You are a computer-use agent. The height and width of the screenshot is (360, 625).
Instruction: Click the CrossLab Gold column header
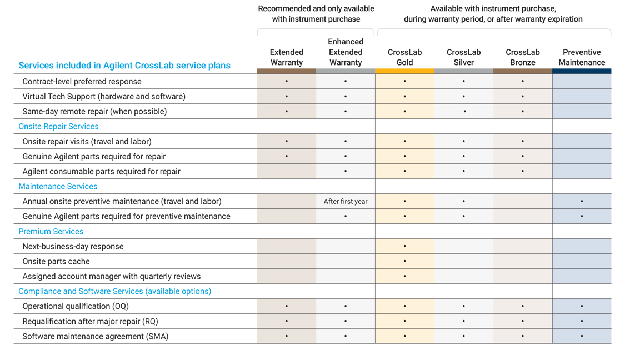click(404, 57)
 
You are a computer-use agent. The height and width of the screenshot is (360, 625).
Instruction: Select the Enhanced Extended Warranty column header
click(346, 52)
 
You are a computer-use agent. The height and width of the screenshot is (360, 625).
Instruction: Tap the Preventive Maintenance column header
click(582, 57)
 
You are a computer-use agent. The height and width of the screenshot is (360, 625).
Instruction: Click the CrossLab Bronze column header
click(523, 57)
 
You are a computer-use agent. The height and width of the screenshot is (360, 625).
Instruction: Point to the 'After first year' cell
click(346, 202)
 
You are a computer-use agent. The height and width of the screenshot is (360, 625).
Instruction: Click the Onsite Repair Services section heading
click(58, 127)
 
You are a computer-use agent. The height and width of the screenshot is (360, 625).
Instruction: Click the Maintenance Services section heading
click(58, 187)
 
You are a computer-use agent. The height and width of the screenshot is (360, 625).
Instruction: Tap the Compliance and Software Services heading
click(114, 292)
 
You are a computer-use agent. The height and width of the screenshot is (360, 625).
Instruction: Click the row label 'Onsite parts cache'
click(56, 262)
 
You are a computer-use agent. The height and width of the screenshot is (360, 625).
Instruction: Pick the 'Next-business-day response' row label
click(73, 247)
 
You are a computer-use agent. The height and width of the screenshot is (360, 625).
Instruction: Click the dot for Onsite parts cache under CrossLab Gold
click(404, 261)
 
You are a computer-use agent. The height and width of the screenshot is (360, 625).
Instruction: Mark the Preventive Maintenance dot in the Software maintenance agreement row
click(582, 336)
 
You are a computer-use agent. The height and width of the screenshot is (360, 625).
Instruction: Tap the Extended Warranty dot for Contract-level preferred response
click(287, 82)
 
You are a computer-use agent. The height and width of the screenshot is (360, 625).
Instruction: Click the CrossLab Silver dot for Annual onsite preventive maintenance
click(464, 202)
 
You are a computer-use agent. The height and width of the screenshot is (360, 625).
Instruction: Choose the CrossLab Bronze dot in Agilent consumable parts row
click(523, 172)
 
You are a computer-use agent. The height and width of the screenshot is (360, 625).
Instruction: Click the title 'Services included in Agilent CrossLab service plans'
click(124, 66)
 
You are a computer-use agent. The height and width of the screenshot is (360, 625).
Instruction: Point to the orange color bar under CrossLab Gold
click(404, 71)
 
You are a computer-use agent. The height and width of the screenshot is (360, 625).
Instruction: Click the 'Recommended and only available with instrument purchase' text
click(316, 14)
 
